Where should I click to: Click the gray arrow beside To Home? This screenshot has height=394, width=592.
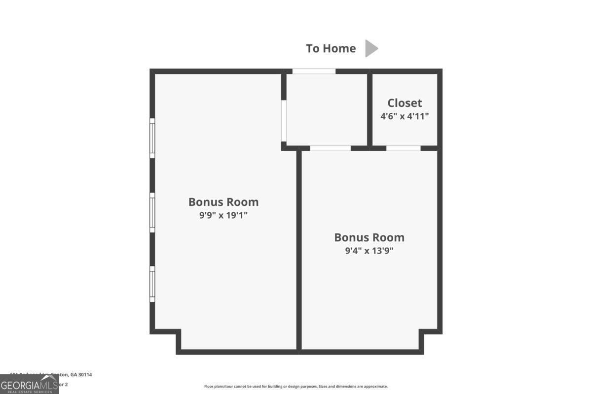pos(371,48)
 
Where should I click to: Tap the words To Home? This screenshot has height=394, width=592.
pos(331,48)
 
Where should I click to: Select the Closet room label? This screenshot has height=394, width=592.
pos(405,103)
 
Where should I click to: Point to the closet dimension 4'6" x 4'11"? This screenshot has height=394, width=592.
pos(405,116)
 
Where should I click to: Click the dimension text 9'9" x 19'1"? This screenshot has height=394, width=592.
pos(223,215)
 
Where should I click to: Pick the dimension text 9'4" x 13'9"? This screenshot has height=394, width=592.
pos(369,250)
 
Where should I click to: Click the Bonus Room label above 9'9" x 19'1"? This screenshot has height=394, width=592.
pos(223,202)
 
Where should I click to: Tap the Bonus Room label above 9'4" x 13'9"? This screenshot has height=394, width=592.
pos(369,237)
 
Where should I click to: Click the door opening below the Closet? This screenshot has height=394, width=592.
pos(403,148)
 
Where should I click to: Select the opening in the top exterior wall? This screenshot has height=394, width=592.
pos(314,71)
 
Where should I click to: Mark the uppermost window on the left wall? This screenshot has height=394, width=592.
pos(152,138)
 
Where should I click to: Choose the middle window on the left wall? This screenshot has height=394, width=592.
pos(152,212)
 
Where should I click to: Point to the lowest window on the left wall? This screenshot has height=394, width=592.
pos(152,284)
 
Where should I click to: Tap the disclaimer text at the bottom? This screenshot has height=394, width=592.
pos(296,387)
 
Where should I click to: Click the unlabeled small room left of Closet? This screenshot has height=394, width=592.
pos(327,109)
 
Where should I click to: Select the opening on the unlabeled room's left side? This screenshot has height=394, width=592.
pos(284,121)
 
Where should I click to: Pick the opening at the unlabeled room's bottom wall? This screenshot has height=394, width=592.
pos(330,148)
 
